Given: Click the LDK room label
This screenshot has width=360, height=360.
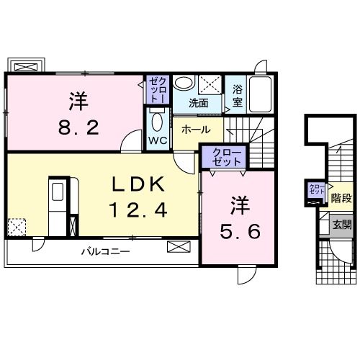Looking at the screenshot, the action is pyautogui.click(x=138, y=184).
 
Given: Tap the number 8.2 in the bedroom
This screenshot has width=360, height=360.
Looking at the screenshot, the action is pyautogui.click(x=78, y=127).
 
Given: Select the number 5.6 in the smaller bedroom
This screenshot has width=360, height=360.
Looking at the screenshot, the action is pyautogui.click(x=240, y=231).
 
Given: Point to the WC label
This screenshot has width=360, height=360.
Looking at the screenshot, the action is pyautogui.click(x=158, y=140).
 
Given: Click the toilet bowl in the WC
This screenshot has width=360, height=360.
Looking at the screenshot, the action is pyautogui.click(x=157, y=122).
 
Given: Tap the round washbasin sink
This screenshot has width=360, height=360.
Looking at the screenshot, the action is pyautogui.click(x=184, y=83).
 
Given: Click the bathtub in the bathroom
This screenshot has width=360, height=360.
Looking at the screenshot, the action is pyautogui.click(x=261, y=94).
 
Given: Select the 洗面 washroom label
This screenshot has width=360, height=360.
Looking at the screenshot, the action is pyautogui.click(x=198, y=103).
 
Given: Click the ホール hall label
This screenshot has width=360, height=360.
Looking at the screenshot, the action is pyautogui.click(x=196, y=130).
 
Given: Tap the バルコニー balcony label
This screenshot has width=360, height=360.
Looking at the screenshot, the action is pyautogui.click(x=106, y=251).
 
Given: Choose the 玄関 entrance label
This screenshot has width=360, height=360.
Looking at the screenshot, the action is pyautogui.click(x=342, y=225).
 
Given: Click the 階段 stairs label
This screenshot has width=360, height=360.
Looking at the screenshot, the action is pyautogui.click(x=341, y=198).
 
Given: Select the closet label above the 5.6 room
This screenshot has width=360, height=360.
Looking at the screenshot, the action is pyautogui.click(x=227, y=158).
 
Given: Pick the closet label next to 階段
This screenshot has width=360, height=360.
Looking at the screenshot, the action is pyautogui.click(x=317, y=189).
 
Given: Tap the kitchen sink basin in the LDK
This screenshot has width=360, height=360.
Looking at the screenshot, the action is pyautogui.click(x=58, y=192).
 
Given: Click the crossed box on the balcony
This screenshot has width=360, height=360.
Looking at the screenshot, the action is pyautogui.click(x=179, y=247).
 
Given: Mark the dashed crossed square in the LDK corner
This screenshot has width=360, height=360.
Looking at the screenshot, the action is pyautogui.click(x=17, y=227).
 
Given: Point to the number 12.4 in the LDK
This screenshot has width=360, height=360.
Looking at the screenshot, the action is pyautogui.click(x=138, y=210).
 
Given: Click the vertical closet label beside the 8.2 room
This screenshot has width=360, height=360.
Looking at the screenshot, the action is pyautogui.click(x=158, y=90).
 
